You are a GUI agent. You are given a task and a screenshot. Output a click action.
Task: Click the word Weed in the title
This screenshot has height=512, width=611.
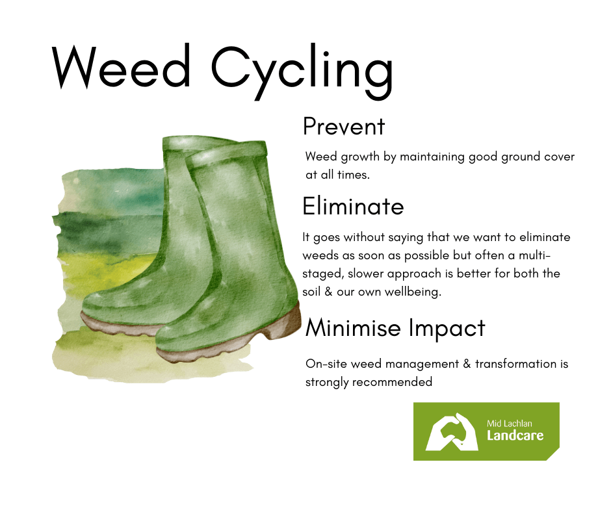click(x=121, y=67)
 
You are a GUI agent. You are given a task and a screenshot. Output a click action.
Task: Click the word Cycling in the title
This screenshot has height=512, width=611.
click(x=302, y=71)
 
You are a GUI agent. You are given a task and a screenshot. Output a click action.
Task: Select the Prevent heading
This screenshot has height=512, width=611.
click(x=344, y=126)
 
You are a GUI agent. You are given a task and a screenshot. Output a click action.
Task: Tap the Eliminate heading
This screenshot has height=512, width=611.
click(x=353, y=206)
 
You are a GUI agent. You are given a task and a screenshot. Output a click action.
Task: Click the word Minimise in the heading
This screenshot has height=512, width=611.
click(x=353, y=327)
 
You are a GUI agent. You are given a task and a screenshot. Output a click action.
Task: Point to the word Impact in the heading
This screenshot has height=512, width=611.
click(x=447, y=329)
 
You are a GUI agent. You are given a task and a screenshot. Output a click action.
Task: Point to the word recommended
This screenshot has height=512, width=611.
click(x=392, y=382)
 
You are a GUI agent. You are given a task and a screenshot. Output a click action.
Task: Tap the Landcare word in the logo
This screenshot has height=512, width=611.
click(x=515, y=435)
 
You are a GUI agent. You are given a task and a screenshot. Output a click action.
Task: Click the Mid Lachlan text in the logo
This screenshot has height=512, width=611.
click(x=510, y=424)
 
